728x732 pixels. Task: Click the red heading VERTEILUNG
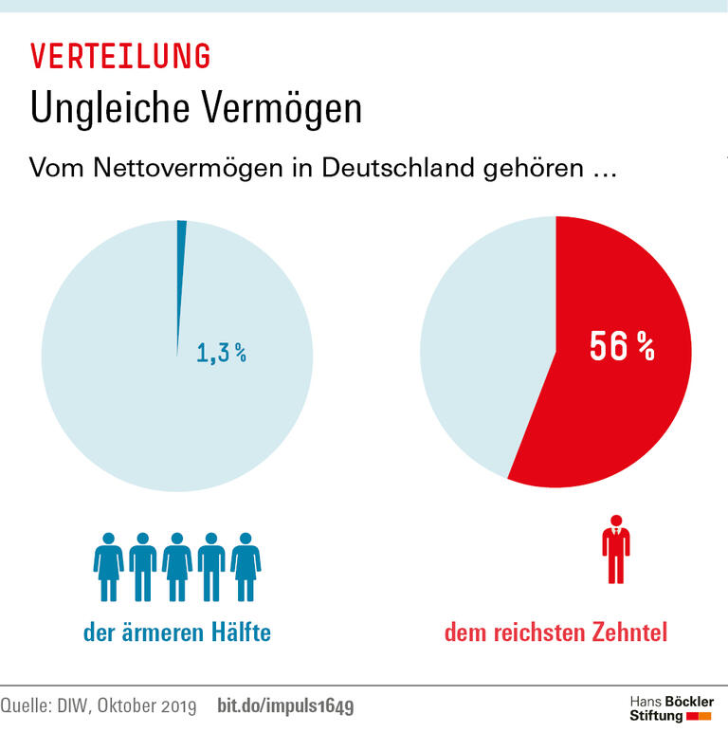[120, 57]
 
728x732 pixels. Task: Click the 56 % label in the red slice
[622, 346]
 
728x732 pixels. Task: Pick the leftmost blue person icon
[108, 566]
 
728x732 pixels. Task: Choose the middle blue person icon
[177, 566]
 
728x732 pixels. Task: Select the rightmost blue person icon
[246, 566]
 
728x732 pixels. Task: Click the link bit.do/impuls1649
[286, 706]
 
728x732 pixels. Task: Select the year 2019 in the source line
[176, 706]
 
